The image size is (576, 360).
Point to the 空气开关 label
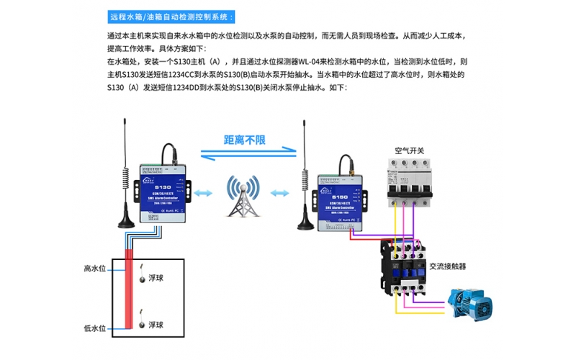coord(409,151)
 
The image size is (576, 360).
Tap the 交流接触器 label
coord(447,266)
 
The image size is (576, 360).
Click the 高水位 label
coord(94,269)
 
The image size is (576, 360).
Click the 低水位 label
coord(94,328)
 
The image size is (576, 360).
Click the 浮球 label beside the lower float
coord(156,325)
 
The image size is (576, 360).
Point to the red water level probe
coord(130,288)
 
